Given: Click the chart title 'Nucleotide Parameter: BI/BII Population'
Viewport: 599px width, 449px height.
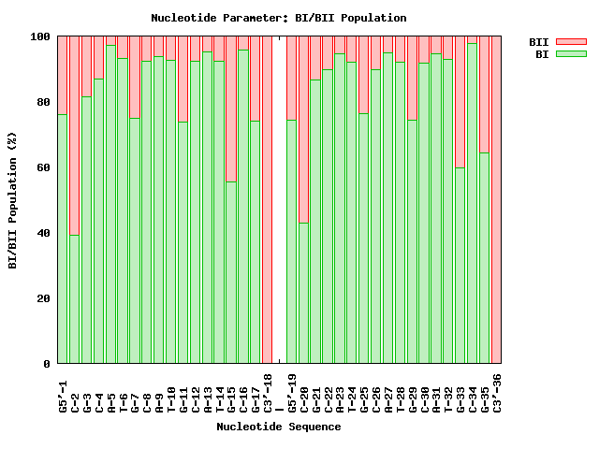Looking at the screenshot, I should pyautogui.click(x=279, y=18).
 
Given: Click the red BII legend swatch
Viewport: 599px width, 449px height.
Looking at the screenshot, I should pyautogui.click(x=570, y=42).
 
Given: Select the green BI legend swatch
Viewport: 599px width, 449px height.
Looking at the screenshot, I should pyautogui.click(x=570, y=54).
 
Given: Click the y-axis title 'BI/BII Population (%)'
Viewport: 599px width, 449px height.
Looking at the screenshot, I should pyautogui.click(x=13, y=200).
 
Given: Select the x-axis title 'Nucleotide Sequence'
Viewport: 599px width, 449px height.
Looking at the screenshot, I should pyautogui.click(x=279, y=427).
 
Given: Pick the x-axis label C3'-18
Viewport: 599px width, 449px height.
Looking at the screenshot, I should pyautogui.click(x=268, y=393).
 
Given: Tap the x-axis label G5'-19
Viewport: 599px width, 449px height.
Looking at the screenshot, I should pyautogui.click(x=292, y=393).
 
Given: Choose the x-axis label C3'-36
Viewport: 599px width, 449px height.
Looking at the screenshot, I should pyautogui.click(x=497, y=393).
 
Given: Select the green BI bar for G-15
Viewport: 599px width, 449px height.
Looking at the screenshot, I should pyautogui.click(x=231, y=272).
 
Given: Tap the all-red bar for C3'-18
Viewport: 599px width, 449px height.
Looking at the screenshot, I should pyautogui.click(x=268, y=200).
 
